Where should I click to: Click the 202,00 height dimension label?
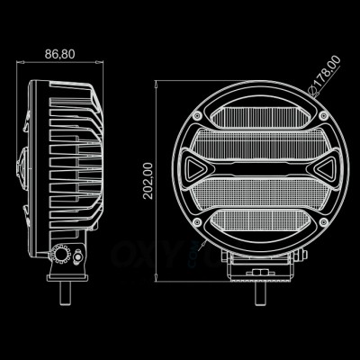pyautogui.click(x=149, y=181)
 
